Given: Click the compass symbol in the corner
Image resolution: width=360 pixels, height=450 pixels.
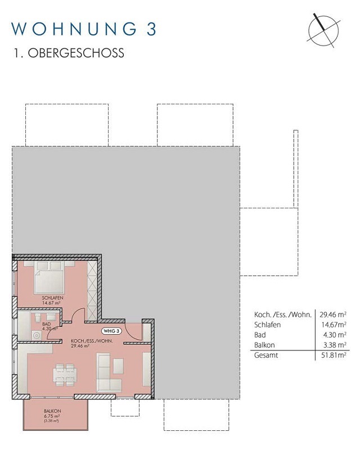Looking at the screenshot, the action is point(323,30).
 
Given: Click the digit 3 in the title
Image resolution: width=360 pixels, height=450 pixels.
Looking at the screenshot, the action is point(151,29).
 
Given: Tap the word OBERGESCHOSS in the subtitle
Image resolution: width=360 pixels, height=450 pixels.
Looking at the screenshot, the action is point(76,53).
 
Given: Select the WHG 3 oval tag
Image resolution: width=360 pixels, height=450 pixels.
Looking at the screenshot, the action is point(111,331).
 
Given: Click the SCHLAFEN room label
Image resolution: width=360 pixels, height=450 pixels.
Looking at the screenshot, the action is point(52,298).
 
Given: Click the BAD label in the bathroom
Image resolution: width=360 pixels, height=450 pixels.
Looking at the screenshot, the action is point(46,324).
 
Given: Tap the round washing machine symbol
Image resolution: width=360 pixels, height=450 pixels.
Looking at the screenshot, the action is point(37,335).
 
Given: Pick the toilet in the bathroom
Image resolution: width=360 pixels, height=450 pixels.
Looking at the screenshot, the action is point(38,317).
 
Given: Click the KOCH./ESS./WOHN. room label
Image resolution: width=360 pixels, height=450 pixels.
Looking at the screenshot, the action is point(92,341).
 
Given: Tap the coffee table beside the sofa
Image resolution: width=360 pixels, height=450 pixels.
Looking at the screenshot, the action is point(118,366).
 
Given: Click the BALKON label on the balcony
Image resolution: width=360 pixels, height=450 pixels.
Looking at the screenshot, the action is point(52,411).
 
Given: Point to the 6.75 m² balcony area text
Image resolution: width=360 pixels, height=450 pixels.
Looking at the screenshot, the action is point(52,416).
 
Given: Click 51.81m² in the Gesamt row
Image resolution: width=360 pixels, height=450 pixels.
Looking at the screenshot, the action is point(334,355).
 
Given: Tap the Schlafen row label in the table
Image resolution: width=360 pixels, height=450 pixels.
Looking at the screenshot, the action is point(267,325).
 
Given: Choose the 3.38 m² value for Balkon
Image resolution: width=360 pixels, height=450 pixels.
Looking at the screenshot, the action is point(335,345).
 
